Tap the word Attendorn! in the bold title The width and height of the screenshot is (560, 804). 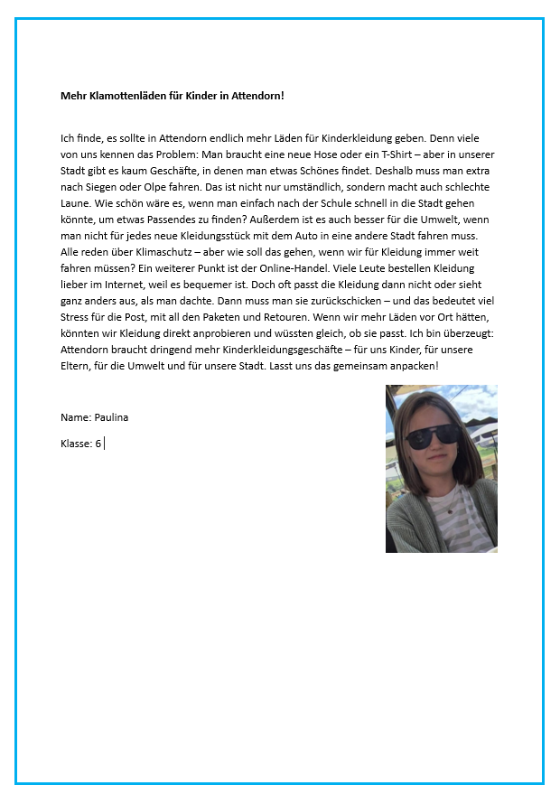click(x=257, y=95)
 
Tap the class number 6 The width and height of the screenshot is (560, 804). click(x=98, y=444)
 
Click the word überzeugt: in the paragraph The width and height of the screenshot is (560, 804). click(x=470, y=330)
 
